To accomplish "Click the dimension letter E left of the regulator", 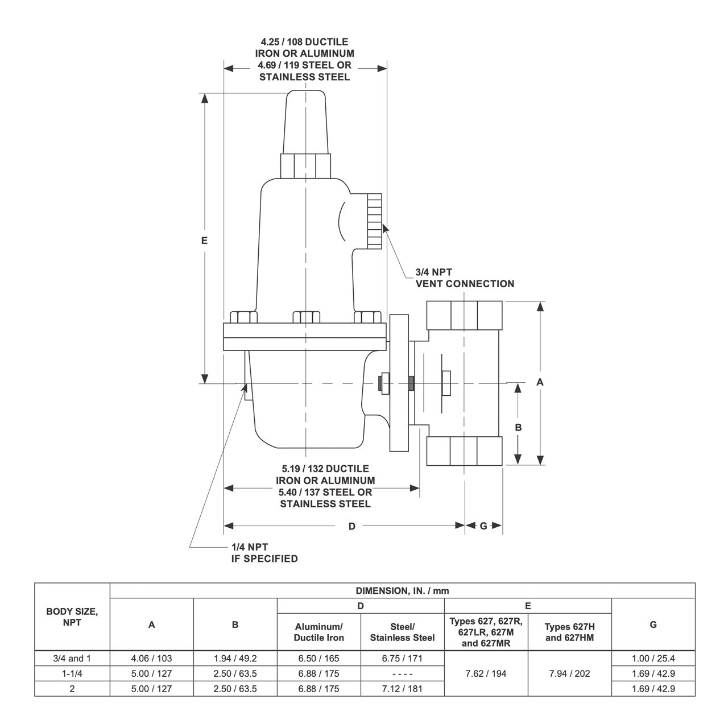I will coord(204,241).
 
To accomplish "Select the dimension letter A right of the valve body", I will coord(540,382).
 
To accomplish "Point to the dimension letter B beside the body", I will coord(518,427).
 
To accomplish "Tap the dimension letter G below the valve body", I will coord(483,526).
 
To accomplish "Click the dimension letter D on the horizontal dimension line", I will coord(351,526).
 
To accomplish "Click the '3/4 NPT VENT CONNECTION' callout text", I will coord(464,278).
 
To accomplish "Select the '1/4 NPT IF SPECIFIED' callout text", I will coord(264,553).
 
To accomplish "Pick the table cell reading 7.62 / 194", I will coord(486,673).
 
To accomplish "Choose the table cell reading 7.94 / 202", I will coord(569,673).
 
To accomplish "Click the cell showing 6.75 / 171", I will coord(402,659).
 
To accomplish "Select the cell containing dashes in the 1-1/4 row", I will coord(402,673).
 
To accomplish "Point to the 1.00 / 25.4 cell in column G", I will coord(653,659).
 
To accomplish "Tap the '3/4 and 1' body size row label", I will coord(72,659).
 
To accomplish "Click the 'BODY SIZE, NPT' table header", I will coord(72,617).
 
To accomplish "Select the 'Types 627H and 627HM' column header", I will coord(569,632).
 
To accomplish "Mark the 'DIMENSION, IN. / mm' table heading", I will coord(402,591).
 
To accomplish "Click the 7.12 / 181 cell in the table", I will coord(402,688).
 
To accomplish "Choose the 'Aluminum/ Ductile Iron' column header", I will coord(318,632).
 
